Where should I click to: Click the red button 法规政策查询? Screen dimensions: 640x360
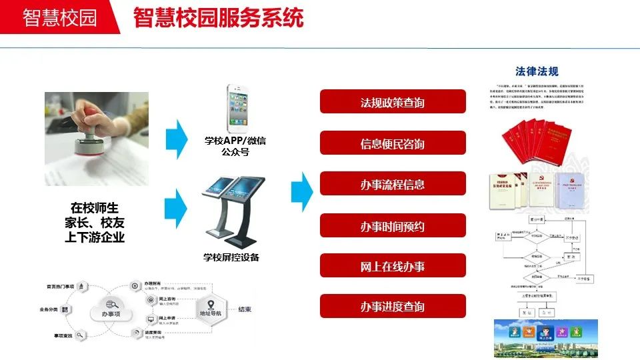click(x=393, y=103)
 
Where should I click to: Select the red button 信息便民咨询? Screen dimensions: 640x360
click(x=393, y=144)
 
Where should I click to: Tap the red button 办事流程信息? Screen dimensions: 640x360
click(x=393, y=185)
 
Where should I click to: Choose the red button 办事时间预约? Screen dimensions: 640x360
click(x=393, y=226)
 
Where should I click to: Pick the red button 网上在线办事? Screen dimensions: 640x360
click(x=393, y=267)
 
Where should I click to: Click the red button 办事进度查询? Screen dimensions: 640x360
click(x=393, y=307)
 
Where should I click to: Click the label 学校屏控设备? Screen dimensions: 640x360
click(x=231, y=257)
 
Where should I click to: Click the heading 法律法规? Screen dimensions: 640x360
click(x=537, y=71)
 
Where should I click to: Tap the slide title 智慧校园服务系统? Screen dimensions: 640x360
click(x=218, y=17)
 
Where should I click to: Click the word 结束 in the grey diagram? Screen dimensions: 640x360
click(x=245, y=309)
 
